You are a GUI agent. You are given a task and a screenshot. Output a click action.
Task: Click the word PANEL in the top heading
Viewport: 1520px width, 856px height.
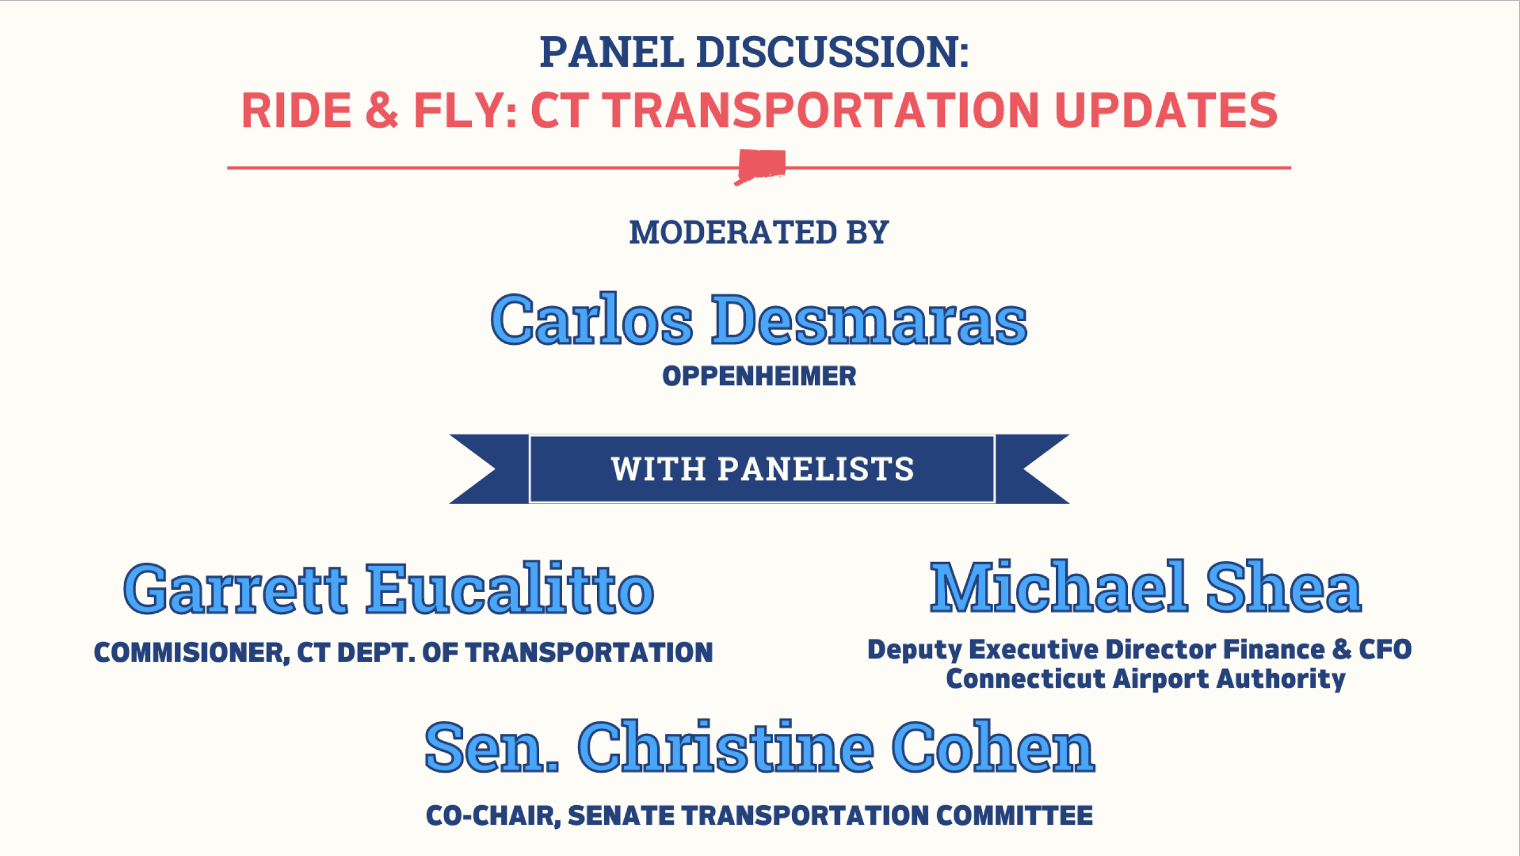(x=611, y=52)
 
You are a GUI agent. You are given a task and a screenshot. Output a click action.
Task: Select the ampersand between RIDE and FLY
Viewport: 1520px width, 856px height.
(x=382, y=110)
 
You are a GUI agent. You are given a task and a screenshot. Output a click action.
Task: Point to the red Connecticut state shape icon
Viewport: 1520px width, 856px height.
(x=761, y=166)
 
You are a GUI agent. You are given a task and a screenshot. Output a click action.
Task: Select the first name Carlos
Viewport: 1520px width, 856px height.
(x=592, y=319)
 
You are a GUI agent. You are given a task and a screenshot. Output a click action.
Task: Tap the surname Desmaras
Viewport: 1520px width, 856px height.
(x=869, y=319)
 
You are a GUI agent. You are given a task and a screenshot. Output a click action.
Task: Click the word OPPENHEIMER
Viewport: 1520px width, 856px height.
(x=759, y=376)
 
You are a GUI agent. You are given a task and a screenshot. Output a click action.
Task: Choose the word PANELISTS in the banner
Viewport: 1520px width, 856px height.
(x=816, y=469)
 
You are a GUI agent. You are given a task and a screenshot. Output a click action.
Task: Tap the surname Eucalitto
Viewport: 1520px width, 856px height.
(x=510, y=588)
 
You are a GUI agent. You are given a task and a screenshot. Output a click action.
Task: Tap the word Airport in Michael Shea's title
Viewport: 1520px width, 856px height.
(x=1161, y=679)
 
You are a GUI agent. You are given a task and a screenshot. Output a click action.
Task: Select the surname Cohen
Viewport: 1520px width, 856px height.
(x=993, y=747)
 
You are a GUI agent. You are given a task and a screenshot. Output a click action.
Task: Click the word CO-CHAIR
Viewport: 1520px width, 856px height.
(x=493, y=816)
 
